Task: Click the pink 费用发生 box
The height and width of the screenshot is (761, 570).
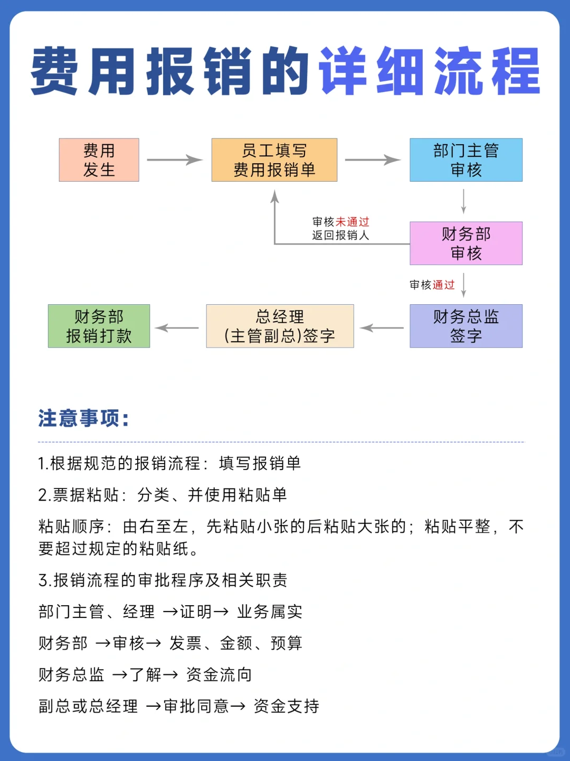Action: [99, 160]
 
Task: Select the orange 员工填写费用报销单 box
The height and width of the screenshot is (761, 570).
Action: [274, 160]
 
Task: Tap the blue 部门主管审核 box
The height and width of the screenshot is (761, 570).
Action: [466, 160]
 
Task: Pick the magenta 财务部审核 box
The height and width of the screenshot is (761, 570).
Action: [466, 243]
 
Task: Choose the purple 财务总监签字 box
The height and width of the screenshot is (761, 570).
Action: [466, 326]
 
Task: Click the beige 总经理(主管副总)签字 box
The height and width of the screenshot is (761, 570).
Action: [280, 326]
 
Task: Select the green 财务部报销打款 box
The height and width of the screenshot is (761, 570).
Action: [99, 326]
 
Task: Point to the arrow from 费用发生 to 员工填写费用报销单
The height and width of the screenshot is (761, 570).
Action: [175, 160]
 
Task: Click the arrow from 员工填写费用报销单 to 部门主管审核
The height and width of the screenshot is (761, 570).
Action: [373, 160]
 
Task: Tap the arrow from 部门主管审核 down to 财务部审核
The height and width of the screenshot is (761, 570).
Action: [463, 201]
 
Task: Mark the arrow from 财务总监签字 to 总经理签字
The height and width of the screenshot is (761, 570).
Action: [382, 327]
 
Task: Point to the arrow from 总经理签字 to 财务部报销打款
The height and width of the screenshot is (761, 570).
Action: [177, 327]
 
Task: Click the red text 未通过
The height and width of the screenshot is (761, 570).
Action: [353, 222]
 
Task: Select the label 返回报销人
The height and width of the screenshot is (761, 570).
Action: [340, 236]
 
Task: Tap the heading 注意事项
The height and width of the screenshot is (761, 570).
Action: [83, 418]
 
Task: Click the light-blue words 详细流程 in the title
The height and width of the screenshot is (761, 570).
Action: [430, 71]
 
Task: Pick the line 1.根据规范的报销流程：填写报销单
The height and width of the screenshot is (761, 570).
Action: [169, 464]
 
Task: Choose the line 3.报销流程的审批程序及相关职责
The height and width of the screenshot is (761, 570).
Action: [163, 580]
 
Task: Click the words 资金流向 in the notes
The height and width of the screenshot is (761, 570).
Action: [219, 675]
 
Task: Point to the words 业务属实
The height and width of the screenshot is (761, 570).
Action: [270, 612]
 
